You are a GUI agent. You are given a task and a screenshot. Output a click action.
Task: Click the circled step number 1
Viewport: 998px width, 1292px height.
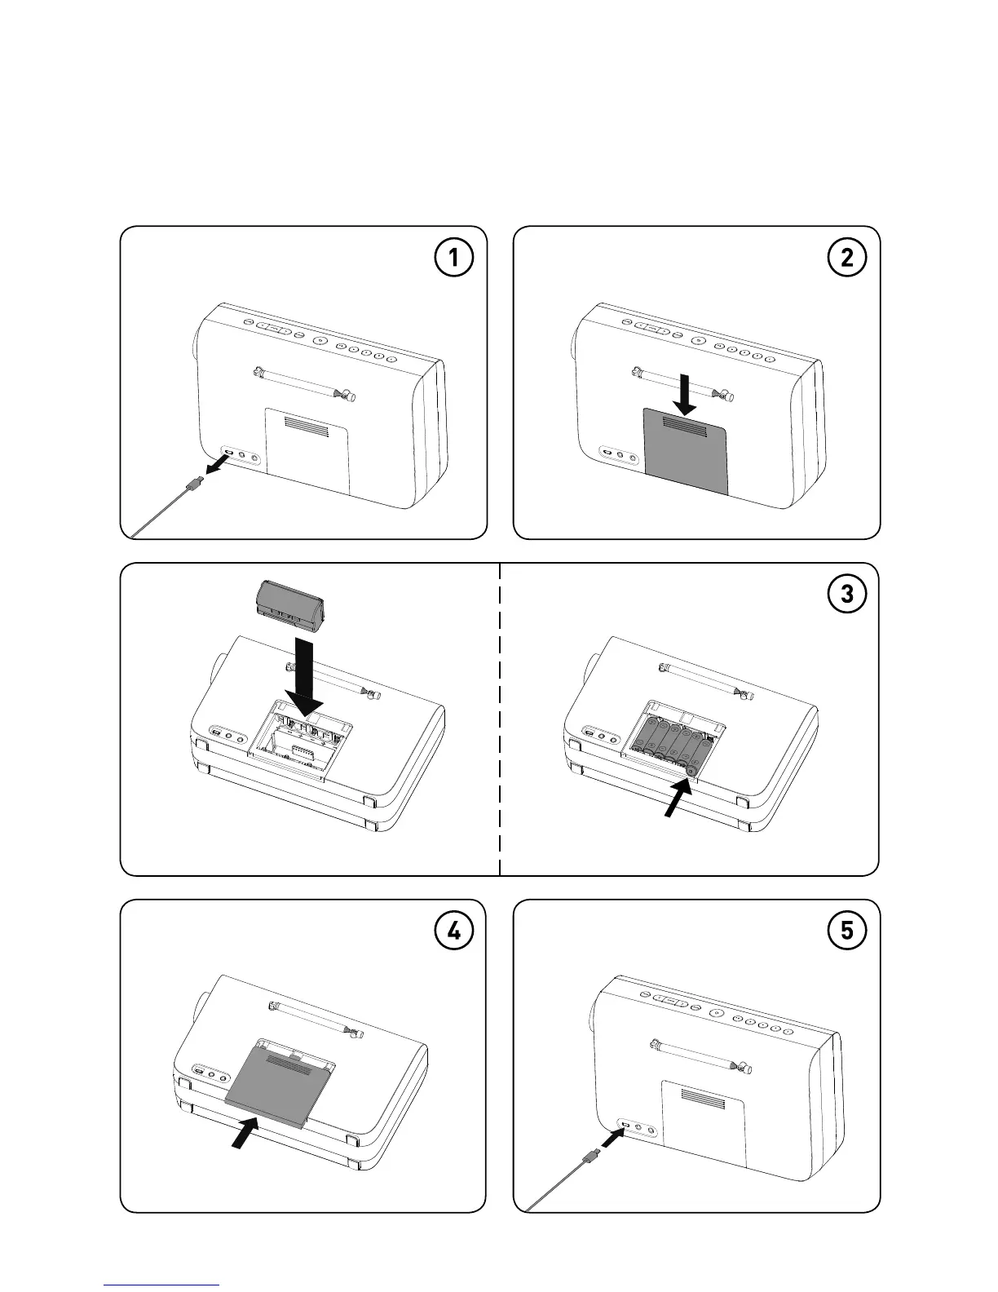point(453,259)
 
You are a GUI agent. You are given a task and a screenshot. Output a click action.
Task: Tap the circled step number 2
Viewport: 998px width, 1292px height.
point(847,259)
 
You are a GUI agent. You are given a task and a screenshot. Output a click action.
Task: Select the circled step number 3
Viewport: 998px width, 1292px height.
point(847,595)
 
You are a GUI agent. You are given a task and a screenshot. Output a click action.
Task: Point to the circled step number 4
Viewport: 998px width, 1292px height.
point(453,931)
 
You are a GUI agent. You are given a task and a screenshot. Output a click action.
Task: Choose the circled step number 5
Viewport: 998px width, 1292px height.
point(847,931)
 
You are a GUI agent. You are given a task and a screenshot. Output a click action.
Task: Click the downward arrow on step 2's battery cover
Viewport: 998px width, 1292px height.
point(687,392)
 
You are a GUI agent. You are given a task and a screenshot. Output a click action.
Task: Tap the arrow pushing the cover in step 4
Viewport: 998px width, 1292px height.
point(243,1134)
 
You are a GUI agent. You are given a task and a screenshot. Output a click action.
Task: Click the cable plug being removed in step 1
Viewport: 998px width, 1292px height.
point(192,487)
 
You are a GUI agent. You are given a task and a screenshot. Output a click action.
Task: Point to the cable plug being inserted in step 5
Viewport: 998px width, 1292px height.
point(590,1156)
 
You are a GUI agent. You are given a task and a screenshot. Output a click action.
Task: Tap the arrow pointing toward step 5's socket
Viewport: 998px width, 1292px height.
point(612,1136)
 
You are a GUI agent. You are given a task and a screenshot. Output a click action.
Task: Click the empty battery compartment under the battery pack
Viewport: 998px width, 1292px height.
point(300,739)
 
